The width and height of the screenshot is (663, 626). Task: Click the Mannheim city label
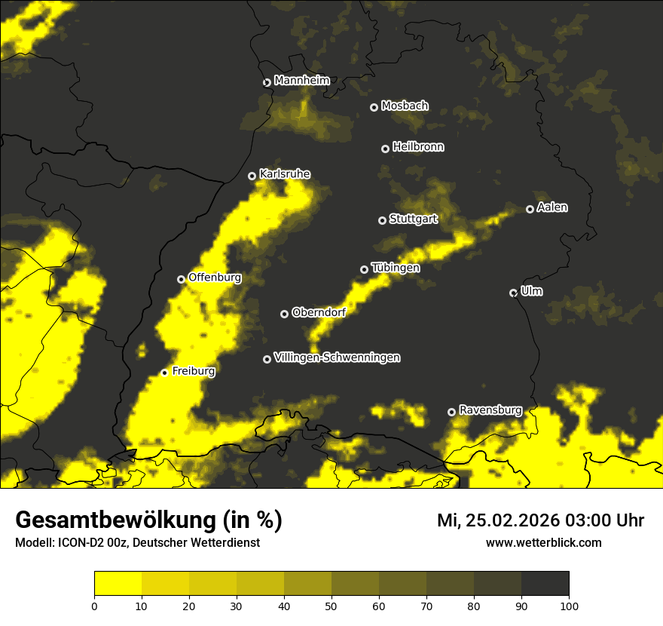click(x=301, y=81)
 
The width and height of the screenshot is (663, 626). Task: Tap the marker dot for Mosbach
click(x=374, y=107)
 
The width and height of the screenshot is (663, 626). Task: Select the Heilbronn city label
click(x=418, y=147)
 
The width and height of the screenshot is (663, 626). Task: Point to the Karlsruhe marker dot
click(x=252, y=176)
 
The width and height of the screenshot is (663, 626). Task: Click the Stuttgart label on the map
click(x=413, y=219)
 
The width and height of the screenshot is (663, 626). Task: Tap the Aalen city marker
click(x=530, y=209)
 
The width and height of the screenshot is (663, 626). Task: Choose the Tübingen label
click(x=396, y=268)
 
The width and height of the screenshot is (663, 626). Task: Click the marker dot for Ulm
click(x=513, y=293)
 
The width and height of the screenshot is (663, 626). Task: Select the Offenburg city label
click(x=215, y=278)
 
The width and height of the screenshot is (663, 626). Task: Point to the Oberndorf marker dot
click(x=284, y=314)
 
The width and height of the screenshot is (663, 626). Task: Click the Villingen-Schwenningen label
click(x=337, y=357)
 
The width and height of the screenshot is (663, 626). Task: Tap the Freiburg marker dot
click(x=164, y=373)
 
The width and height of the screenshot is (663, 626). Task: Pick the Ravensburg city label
click(x=490, y=410)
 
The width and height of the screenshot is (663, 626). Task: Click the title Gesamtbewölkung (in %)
click(x=149, y=520)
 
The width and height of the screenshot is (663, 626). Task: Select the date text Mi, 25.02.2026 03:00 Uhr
click(x=540, y=520)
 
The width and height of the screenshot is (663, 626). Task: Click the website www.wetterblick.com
click(x=543, y=542)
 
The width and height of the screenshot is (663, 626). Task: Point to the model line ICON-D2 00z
click(x=137, y=542)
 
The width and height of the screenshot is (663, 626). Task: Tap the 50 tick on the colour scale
click(x=331, y=606)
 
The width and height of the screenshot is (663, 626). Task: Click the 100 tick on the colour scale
click(x=569, y=606)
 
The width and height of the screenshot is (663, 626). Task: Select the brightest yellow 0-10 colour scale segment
click(x=118, y=583)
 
